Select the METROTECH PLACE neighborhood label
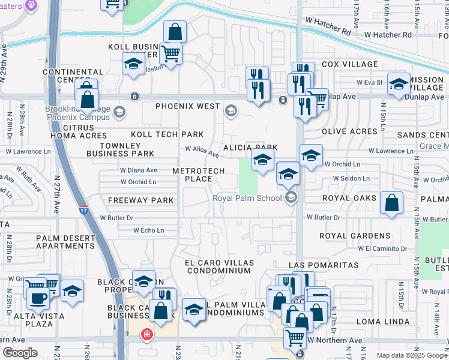(199, 175)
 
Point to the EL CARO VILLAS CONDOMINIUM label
(218, 266)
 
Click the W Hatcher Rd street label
(330, 29)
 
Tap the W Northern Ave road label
(335, 340)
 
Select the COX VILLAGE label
(350, 64)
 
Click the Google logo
(20, 353)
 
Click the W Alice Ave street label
(202, 151)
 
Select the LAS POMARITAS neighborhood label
(324, 265)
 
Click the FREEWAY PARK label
(141, 200)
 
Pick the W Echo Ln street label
(148, 230)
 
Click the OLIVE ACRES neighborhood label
(349, 131)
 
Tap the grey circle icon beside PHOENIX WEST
(231, 110)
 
